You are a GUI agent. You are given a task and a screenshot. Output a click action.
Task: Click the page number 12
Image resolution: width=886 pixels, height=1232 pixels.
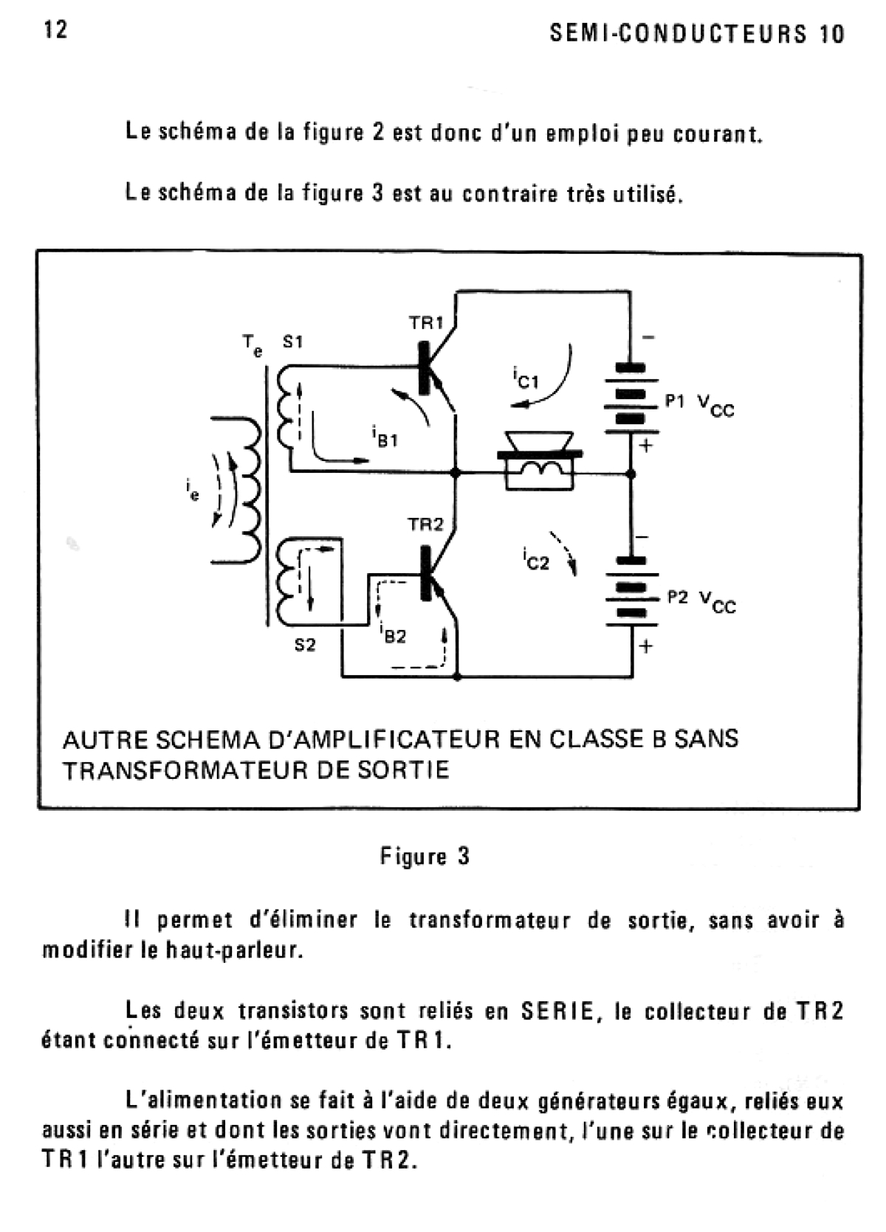click(x=55, y=30)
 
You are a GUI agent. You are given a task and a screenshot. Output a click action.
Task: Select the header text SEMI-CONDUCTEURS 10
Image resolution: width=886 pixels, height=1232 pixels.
click(x=697, y=34)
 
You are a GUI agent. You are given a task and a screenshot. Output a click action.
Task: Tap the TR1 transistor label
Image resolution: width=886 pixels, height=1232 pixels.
click(x=426, y=322)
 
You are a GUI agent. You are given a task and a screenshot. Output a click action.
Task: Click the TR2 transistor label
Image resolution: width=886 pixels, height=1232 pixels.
click(x=426, y=525)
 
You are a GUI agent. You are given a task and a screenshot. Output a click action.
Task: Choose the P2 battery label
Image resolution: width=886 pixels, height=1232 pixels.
click(x=678, y=598)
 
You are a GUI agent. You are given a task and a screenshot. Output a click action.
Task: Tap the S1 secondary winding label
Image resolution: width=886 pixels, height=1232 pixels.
click(x=292, y=342)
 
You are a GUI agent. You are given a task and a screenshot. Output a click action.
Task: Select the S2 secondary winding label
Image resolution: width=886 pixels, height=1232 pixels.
click(x=305, y=645)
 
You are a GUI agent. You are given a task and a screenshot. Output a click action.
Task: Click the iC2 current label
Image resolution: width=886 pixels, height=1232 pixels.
click(x=535, y=560)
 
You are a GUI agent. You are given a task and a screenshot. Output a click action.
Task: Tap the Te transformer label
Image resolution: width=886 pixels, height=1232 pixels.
click(x=252, y=345)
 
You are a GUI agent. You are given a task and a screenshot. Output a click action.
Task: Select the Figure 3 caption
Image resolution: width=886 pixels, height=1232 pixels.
click(x=425, y=856)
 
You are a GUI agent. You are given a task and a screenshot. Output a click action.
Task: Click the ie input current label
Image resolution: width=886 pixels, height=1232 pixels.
click(x=193, y=490)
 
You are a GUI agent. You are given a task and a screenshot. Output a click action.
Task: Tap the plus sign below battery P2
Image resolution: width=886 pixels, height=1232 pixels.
click(x=646, y=646)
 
